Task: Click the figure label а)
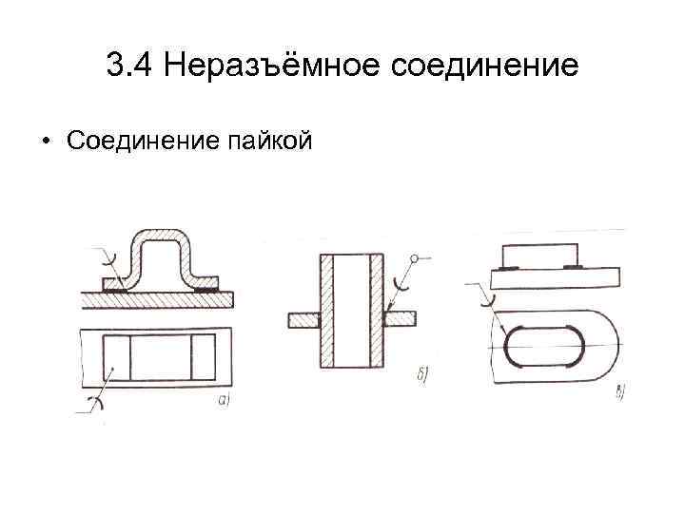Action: (225, 400)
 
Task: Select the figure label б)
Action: (421, 370)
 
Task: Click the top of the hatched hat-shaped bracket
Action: (159, 235)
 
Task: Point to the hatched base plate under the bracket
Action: (157, 298)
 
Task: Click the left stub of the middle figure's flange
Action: (303, 319)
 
